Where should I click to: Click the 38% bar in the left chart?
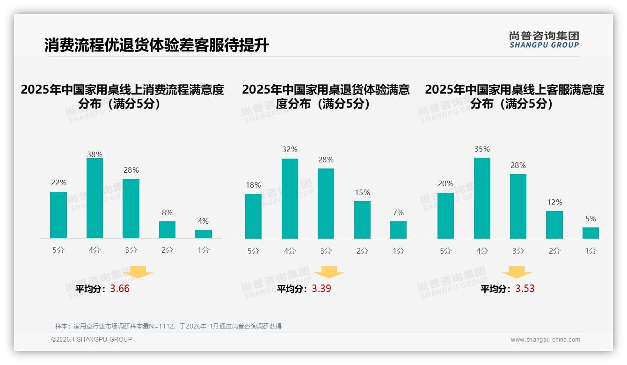pos(95,198)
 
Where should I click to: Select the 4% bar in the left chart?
pos(204,234)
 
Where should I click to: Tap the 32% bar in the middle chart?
pos(290,199)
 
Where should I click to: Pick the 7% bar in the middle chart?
pos(398,230)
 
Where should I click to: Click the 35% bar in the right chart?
pos(482,198)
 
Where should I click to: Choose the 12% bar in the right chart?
pos(554,225)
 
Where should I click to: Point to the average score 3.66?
pos(120,289)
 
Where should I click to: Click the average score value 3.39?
pos(321,289)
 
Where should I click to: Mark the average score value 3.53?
pos(525,289)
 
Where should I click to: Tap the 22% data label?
pos(58,183)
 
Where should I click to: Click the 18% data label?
pos(253,185)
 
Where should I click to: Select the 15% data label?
pos(362,193)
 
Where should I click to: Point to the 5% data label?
pos(591,219)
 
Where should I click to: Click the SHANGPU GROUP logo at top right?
pos(544,40)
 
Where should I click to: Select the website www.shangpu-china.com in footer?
pos(545,340)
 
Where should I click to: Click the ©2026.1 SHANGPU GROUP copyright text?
pos(92,339)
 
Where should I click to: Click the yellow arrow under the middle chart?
pos(329,272)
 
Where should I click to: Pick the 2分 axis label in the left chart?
pos(167,250)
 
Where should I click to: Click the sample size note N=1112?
pos(168,326)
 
